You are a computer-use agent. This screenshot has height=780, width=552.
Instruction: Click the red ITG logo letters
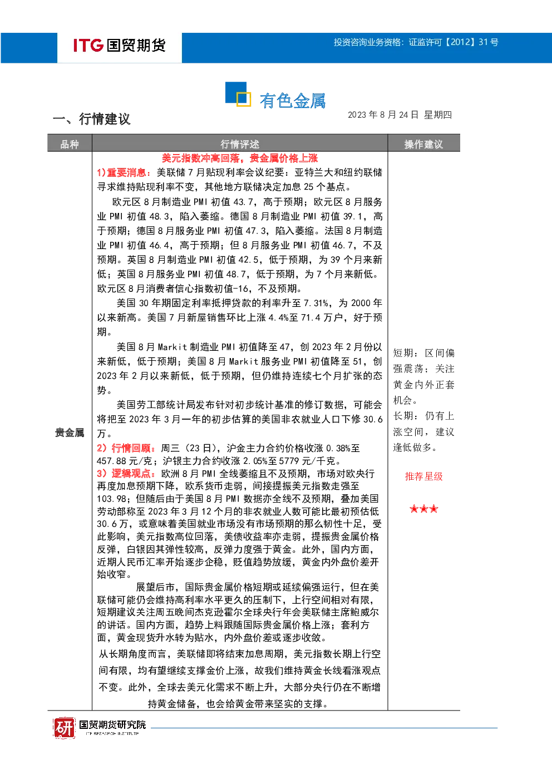click(88, 45)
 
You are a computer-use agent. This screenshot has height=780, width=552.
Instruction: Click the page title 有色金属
click(293, 101)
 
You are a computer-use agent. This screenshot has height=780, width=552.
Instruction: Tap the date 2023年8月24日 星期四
click(400, 115)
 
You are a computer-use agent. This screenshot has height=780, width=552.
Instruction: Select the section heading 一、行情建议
click(92, 119)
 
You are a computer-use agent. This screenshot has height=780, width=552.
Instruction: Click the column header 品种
click(70, 144)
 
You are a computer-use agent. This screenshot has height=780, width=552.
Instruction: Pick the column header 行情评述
click(240, 144)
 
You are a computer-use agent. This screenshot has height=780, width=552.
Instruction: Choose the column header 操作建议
click(424, 144)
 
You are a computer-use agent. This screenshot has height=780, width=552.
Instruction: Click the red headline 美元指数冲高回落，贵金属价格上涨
click(240, 158)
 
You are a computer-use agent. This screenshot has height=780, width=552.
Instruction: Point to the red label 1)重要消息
click(124, 172)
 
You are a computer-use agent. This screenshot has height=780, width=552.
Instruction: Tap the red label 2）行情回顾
click(126, 448)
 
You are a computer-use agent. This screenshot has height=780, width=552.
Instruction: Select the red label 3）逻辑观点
click(126, 474)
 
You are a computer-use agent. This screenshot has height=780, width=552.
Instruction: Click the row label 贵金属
click(70, 433)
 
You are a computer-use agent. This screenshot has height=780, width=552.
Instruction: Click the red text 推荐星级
click(424, 476)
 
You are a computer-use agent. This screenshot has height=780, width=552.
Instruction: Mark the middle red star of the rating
click(424, 509)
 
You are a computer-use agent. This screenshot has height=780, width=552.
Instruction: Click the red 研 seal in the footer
click(64, 728)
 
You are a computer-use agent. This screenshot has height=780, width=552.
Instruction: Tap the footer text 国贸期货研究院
click(112, 725)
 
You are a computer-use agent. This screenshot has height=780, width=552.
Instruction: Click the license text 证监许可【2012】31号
click(454, 42)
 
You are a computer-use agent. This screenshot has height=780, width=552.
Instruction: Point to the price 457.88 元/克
click(124, 461)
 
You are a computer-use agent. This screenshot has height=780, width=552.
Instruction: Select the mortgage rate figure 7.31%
click(316, 304)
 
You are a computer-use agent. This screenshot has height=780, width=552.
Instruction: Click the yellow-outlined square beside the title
click(244, 100)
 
